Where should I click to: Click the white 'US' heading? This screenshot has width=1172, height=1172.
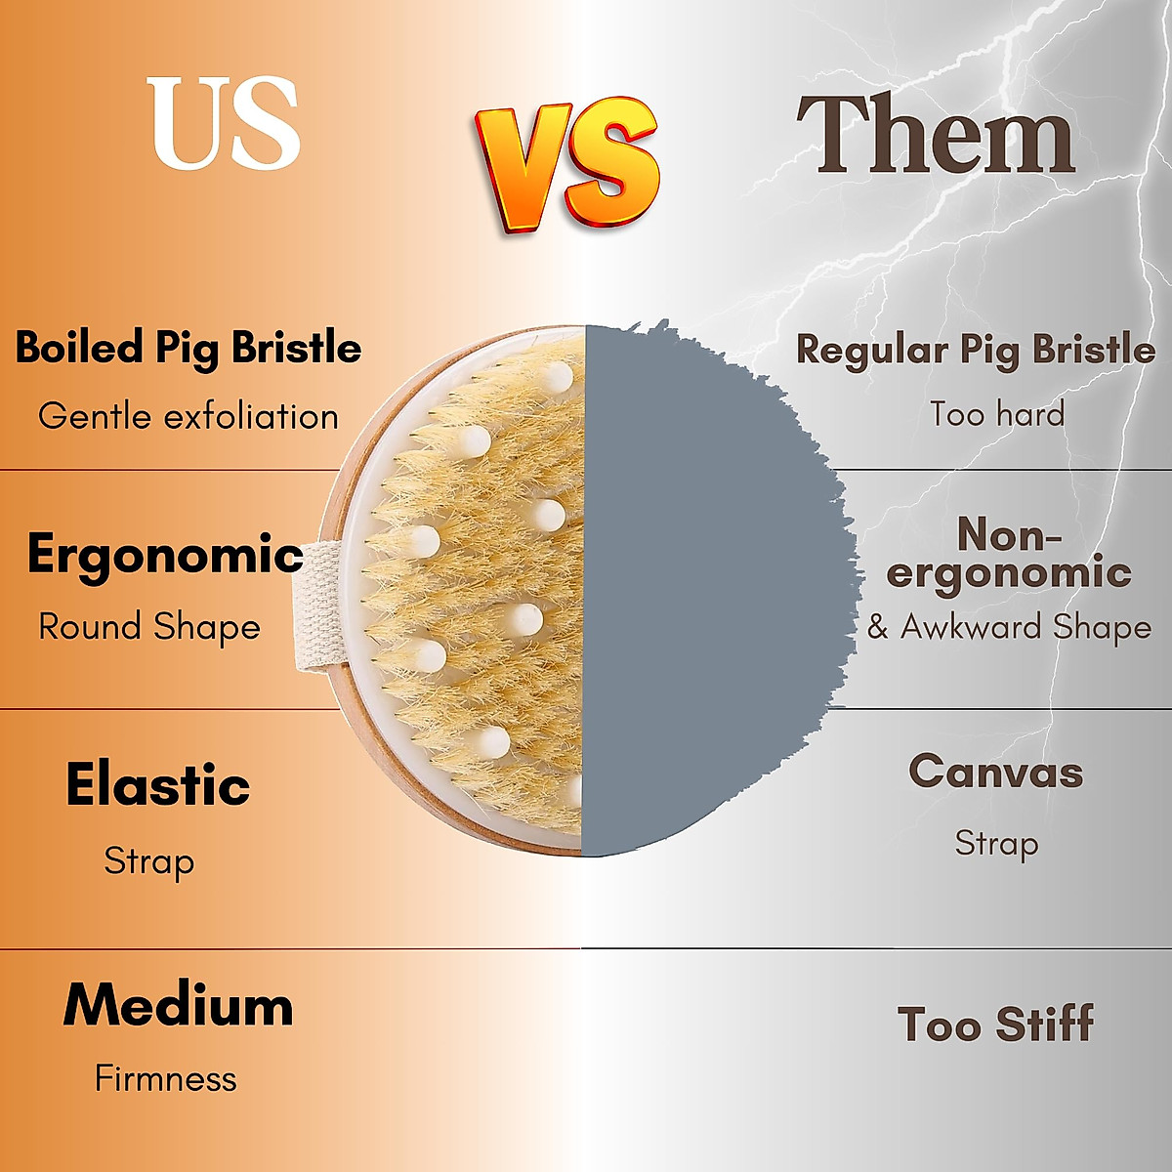(224, 124)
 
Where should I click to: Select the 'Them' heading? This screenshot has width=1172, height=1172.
(936, 135)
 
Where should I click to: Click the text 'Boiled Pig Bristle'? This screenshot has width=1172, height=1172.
(188, 349)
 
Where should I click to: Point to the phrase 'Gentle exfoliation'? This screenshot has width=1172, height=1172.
(188, 417)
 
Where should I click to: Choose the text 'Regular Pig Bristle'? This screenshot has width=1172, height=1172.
(975, 350)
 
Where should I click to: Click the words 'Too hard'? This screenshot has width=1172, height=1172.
(996, 414)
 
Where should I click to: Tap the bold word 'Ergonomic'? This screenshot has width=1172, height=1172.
(165, 555)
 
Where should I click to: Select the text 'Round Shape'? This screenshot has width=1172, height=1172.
(149, 627)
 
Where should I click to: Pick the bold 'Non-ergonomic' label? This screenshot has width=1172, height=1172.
(1008, 554)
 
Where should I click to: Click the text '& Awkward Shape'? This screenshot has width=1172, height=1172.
(1009, 627)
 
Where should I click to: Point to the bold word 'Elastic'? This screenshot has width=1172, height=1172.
(158, 785)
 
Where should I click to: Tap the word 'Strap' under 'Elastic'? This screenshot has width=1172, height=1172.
(149, 861)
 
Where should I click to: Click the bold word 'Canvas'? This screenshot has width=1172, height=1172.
(995, 773)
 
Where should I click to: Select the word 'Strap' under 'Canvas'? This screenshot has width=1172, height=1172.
(996, 843)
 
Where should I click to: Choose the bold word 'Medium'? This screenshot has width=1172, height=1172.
(178, 1005)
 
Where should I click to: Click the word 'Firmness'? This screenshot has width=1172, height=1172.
(166, 1079)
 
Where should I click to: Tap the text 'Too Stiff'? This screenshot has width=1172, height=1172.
(995, 1025)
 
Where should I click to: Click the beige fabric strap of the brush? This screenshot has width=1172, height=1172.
(317, 606)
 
